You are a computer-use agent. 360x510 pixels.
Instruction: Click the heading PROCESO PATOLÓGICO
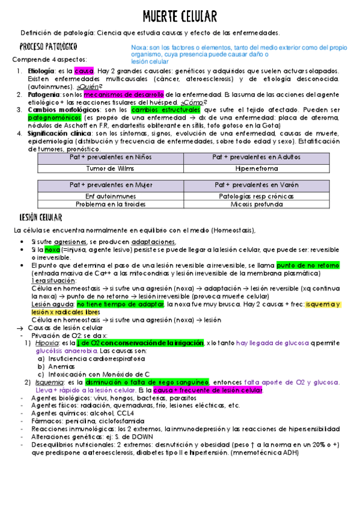[47, 46]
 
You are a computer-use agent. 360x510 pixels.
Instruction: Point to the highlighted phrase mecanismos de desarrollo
[124, 95]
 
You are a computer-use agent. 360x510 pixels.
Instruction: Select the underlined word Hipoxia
[47, 342]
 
